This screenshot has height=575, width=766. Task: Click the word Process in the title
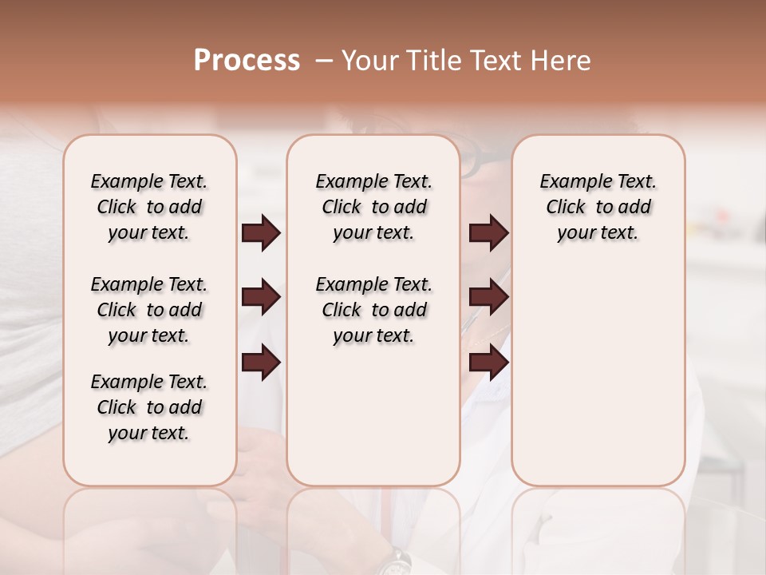[247, 61]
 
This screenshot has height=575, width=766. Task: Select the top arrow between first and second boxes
[261, 233]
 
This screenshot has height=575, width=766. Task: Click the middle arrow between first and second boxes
[261, 298]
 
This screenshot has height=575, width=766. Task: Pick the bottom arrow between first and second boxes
[261, 363]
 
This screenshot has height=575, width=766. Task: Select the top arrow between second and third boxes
[488, 233]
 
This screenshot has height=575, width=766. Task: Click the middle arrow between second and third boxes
[488, 298]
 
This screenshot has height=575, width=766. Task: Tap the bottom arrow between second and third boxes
[488, 363]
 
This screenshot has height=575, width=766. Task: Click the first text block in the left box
[149, 207]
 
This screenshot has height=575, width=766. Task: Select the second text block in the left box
[149, 310]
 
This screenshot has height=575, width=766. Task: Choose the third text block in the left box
[149, 407]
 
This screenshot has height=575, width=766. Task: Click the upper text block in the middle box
[373, 207]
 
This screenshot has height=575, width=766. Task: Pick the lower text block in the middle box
[373, 310]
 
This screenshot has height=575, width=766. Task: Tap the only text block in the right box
[598, 207]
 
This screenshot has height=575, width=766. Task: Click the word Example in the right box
[571, 182]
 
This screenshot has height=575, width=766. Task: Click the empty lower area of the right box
[598, 383]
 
